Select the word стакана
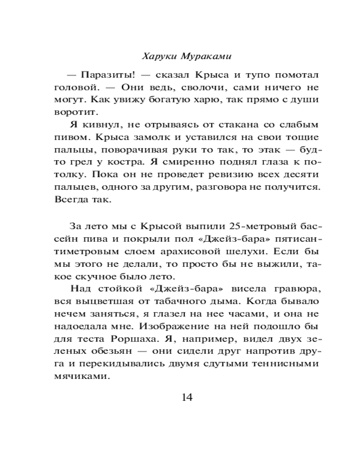pos(257,124)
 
